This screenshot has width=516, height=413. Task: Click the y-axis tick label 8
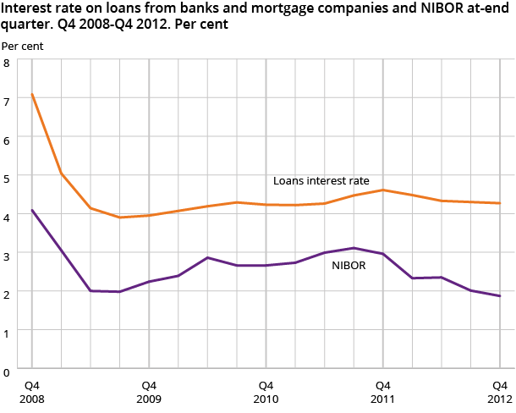coord(6,63)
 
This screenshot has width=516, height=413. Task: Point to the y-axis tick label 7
coord(6,102)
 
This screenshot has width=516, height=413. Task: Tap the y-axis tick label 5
coord(6,179)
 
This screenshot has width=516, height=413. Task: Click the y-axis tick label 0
coord(6,371)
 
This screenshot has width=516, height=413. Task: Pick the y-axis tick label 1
coord(6,333)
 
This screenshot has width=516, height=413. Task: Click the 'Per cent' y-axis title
coord(22,44)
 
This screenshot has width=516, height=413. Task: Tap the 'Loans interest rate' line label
coord(321,180)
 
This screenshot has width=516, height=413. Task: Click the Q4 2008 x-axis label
coord(32,391)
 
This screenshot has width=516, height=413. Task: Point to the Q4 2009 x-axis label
coord(149,391)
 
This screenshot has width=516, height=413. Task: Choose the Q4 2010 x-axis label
coord(266,391)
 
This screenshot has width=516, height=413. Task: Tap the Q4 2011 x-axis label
coord(382,391)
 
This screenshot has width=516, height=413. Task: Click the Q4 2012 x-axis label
coord(499,391)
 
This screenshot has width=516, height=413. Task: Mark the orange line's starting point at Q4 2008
coord(32,94)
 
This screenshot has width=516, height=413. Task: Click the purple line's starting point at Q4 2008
coord(32,210)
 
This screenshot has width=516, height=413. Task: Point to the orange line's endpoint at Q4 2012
coord(500,203)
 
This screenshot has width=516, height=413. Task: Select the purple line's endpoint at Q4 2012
coord(500,296)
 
